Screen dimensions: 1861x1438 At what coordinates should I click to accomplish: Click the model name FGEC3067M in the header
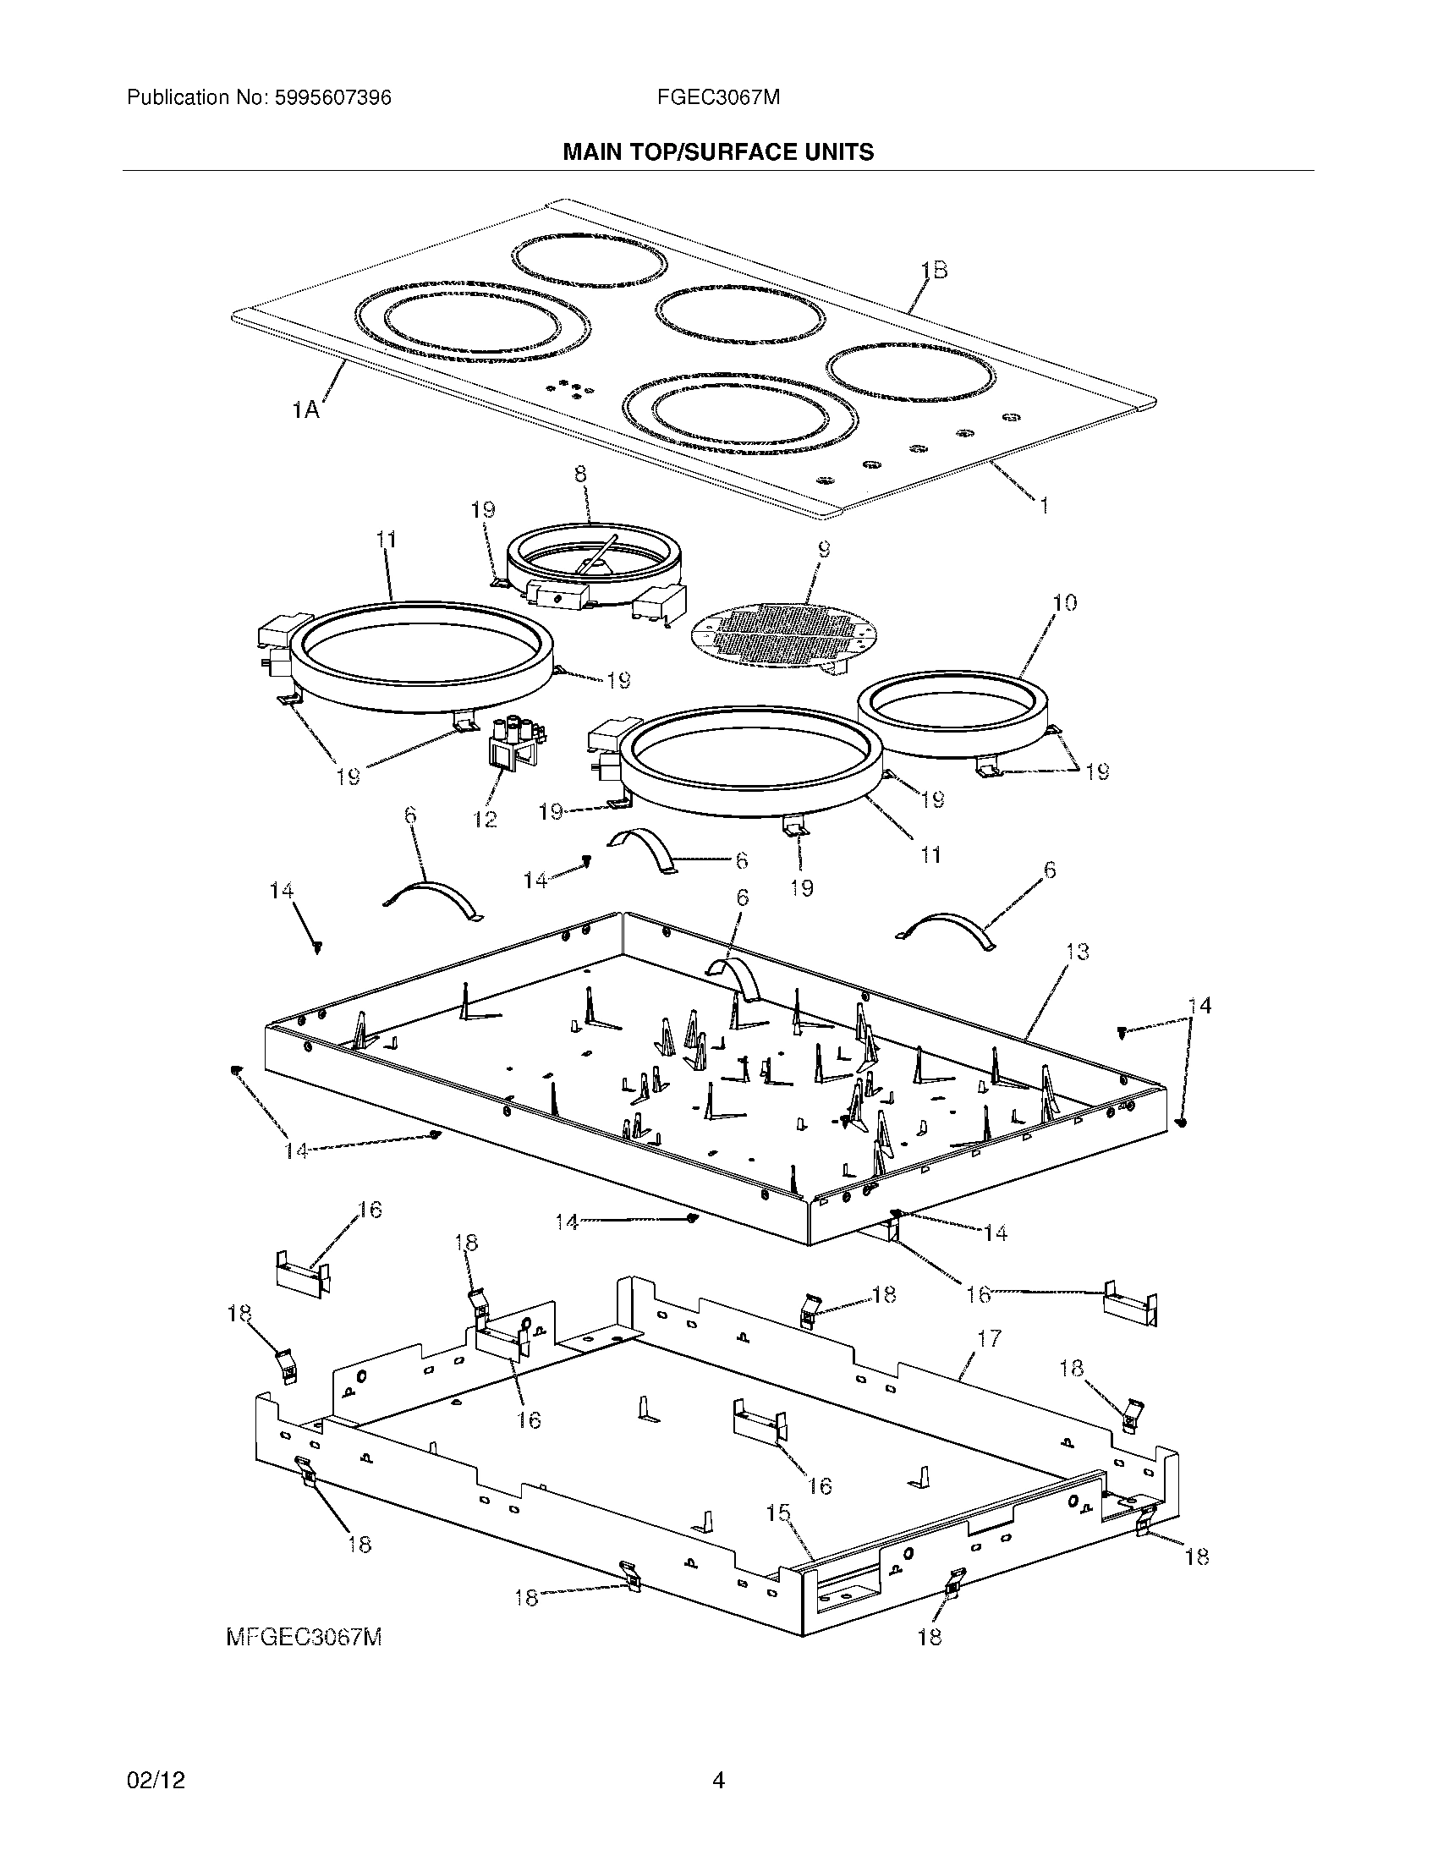[718, 98]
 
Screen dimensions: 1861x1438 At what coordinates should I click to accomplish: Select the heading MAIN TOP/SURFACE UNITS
[718, 152]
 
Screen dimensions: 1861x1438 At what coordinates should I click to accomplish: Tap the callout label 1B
[934, 270]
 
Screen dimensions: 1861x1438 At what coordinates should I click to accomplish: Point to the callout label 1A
[305, 411]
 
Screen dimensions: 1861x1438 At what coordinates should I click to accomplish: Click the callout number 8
[580, 475]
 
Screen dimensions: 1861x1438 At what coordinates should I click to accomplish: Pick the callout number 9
[823, 550]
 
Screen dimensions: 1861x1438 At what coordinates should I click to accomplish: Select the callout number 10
[1064, 603]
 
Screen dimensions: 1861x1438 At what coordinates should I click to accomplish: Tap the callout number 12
[485, 820]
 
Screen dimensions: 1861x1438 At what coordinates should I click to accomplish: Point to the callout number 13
[1077, 952]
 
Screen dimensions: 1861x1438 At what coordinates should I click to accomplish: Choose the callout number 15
[777, 1513]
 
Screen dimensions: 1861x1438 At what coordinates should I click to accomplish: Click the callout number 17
[989, 1339]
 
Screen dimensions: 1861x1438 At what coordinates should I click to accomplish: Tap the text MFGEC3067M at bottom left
[304, 1637]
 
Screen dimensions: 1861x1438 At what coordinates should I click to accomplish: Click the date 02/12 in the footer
[156, 1781]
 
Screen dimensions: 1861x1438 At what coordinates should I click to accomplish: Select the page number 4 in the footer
[718, 1781]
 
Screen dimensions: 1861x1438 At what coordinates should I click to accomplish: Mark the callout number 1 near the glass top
[1043, 506]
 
